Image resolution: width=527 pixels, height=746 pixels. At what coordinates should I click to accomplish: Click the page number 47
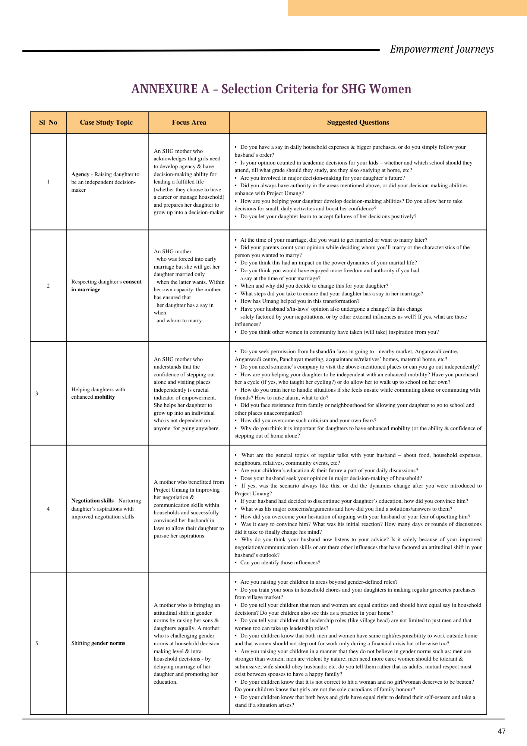click(501, 731)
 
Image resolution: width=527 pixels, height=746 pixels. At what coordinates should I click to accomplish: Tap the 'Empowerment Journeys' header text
click(442, 49)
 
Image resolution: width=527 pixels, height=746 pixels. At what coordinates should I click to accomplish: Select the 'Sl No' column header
click(48, 122)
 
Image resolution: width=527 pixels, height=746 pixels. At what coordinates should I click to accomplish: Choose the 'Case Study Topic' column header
click(106, 122)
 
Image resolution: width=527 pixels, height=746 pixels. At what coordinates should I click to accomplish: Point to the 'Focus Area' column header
click(189, 122)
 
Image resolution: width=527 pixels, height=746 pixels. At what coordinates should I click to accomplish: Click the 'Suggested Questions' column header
click(358, 122)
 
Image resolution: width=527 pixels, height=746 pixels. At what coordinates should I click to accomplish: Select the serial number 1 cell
click(48, 182)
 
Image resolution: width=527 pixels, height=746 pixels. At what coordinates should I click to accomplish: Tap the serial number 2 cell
click(48, 286)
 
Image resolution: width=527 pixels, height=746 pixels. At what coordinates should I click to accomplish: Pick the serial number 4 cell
click(48, 509)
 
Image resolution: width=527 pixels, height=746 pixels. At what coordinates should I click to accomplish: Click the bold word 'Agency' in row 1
click(81, 174)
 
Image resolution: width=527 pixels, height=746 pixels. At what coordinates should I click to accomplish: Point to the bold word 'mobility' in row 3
click(105, 397)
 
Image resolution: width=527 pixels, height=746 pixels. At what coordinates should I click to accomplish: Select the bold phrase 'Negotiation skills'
click(92, 501)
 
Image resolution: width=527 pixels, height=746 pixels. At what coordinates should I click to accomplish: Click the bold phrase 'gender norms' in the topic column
click(108, 643)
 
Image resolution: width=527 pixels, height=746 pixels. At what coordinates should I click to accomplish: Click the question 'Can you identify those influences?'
click(280, 562)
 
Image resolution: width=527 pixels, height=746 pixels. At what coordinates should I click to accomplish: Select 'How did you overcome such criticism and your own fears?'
click(308, 420)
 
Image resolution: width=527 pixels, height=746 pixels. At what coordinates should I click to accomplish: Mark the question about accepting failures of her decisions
click(328, 216)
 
